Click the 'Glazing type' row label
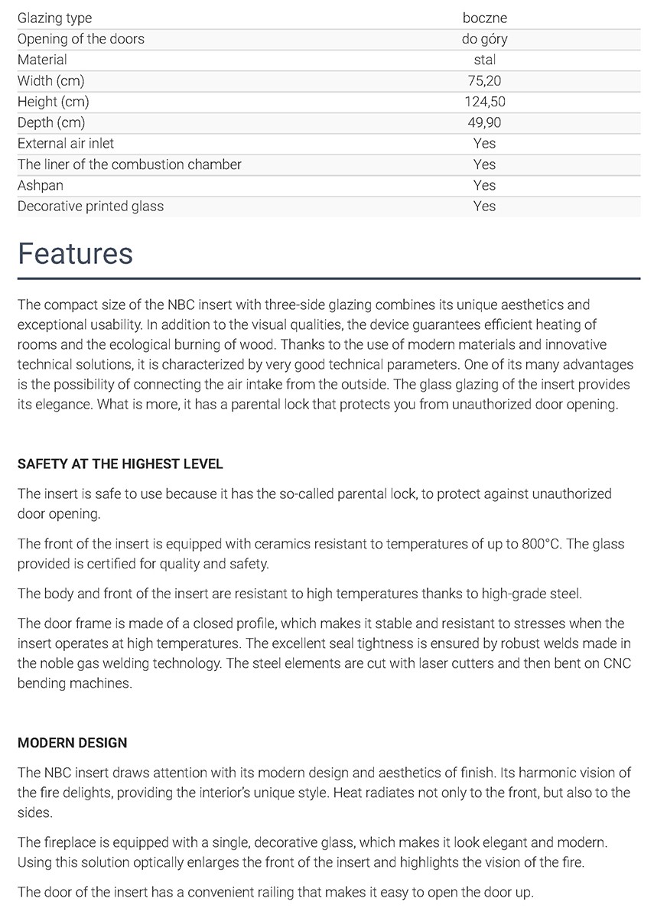(x=54, y=18)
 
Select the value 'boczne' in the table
(x=484, y=18)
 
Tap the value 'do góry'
(x=484, y=39)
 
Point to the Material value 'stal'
(x=484, y=60)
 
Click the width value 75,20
(x=484, y=81)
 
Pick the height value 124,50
(x=484, y=102)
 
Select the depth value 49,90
(x=484, y=122)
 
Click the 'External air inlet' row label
(x=66, y=143)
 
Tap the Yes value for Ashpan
(x=484, y=185)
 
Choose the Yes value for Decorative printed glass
(x=484, y=206)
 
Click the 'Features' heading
(x=75, y=253)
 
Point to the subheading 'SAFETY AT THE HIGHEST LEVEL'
(x=120, y=464)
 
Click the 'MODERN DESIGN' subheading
(x=73, y=743)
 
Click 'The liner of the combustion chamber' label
(x=129, y=164)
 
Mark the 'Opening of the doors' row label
(x=80, y=39)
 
